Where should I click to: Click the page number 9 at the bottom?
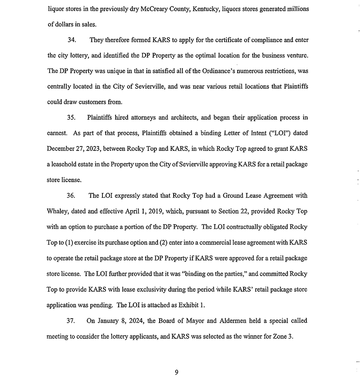pyautogui.click(x=176, y=373)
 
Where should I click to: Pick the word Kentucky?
pyautogui.click(x=204, y=9)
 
